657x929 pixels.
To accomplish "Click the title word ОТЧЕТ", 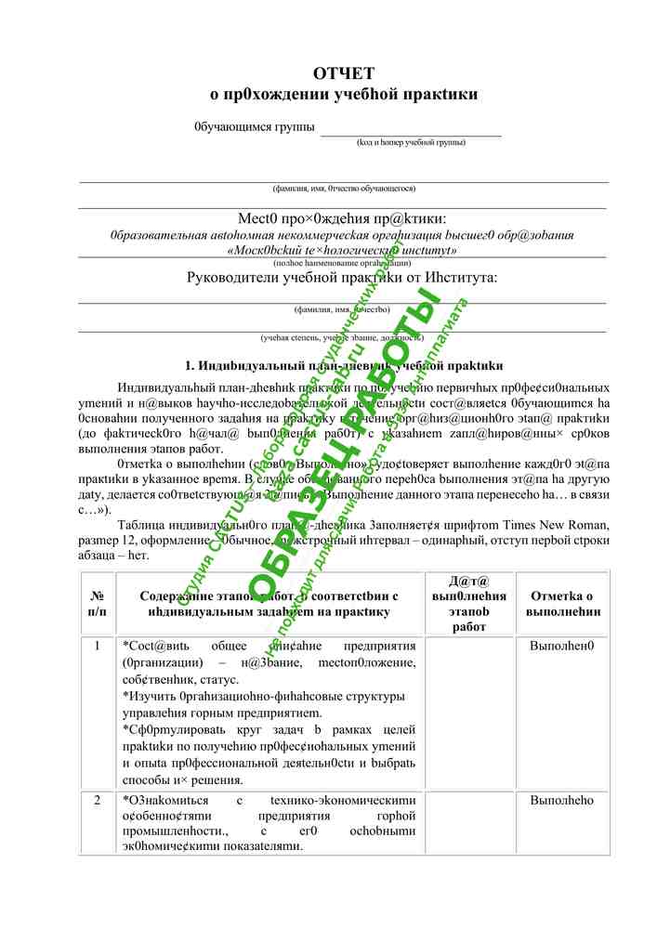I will (x=344, y=73).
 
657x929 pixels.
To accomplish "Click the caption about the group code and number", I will (x=411, y=142).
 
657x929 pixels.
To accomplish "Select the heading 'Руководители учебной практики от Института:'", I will (x=342, y=278).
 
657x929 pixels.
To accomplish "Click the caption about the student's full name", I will (x=344, y=188).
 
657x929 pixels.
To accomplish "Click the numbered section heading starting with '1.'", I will (x=344, y=366).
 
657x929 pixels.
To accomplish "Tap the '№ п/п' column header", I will (x=98, y=603).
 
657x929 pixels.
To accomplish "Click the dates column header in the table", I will (x=469, y=603).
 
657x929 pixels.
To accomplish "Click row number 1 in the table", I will (x=98, y=646).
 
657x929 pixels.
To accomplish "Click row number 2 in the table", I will (x=98, y=801).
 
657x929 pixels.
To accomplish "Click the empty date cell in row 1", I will (x=469, y=711).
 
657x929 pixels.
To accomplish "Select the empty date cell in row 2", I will (x=469, y=822).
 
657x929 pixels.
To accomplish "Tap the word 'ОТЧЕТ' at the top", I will (x=344, y=73).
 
